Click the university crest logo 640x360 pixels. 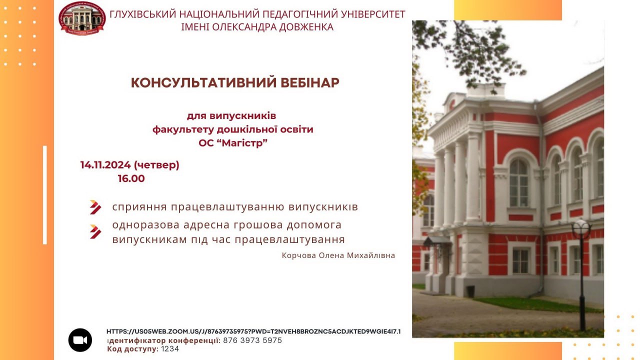click(x=82, y=18)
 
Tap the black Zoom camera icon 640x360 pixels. click(x=80, y=340)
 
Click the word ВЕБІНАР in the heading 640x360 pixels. click(x=310, y=83)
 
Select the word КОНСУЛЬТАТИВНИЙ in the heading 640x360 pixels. click(x=203, y=83)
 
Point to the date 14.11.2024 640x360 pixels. click(x=105, y=165)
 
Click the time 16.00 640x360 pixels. click(x=131, y=178)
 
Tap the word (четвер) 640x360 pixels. click(x=156, y=165)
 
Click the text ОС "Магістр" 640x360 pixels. click(x=233, y=142)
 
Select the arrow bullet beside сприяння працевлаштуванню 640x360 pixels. click(x=95, y=207)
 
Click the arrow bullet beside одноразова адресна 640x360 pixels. click(x=95, y=231)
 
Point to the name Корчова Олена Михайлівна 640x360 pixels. click(x=338, y=255)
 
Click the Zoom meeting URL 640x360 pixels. click(x=253, y=331)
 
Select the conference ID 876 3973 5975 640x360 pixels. click(x=252, y=340)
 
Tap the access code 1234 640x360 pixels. click(x=170, y=349)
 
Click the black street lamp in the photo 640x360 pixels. click(x=581, y=274)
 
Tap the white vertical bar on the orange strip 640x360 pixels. click(x=45, y=195)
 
